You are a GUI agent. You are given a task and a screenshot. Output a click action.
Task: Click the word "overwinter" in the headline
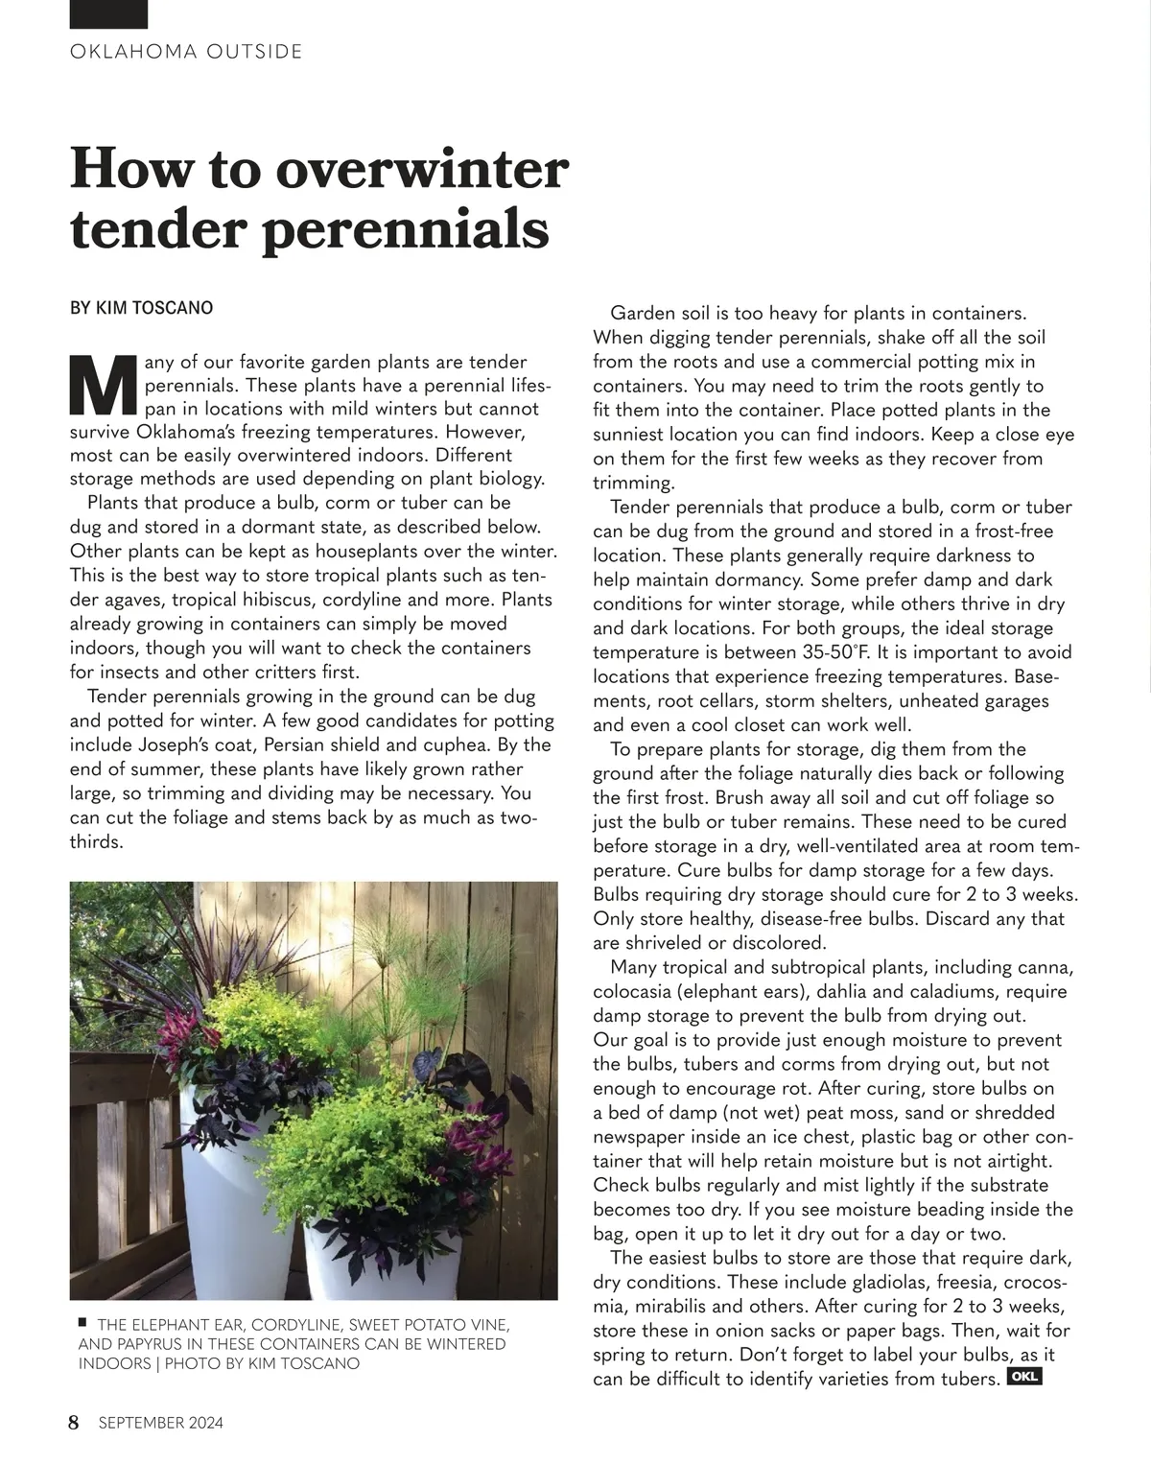click(x=422, y=170)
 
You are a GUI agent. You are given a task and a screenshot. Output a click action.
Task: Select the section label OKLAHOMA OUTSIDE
click(x=186, y=52)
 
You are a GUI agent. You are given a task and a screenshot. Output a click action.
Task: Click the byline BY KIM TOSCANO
click(x=142, y=308)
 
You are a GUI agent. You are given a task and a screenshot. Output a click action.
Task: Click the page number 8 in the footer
click(x=75, y=1422)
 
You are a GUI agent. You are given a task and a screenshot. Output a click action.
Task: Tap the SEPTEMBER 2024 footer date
click(x=160, y=1423)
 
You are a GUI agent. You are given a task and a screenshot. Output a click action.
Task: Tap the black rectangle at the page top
click(x=109, y=13)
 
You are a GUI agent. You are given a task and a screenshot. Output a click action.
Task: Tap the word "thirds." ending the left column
click(x=97, y=842)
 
